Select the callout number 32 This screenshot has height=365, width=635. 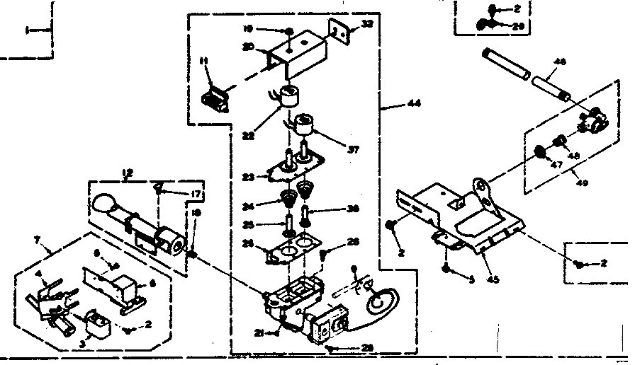[x=366, y=23]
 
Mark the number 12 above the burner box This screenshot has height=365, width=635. [x=128, y=173]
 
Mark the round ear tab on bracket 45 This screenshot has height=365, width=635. [x=484, y=187]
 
